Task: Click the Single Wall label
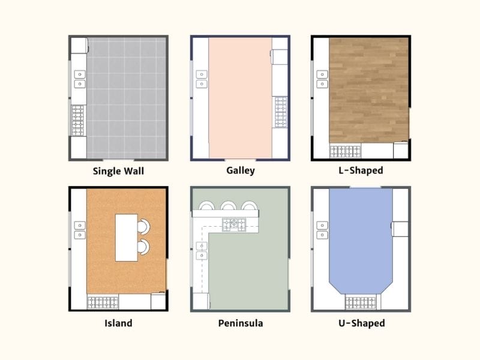(x=118, y=171)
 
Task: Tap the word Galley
(x=240, y=170)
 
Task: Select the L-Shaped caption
(x=361, y=170)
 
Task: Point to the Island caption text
(x=118, y=323)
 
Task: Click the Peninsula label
(x=240, y=323)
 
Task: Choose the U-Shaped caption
(x=361, y=323)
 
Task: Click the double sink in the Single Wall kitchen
(x=79, y=79)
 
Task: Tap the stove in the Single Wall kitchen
(x=78, y=120)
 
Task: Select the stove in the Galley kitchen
(x=281, y=112)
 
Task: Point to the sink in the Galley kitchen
(x=201, y=79)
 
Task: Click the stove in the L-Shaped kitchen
(x=346, y=151)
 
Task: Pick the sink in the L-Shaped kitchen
(x=322, y=79)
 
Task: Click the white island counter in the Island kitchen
(x=127, y=237)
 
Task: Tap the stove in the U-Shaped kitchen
(x=360, y=302)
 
